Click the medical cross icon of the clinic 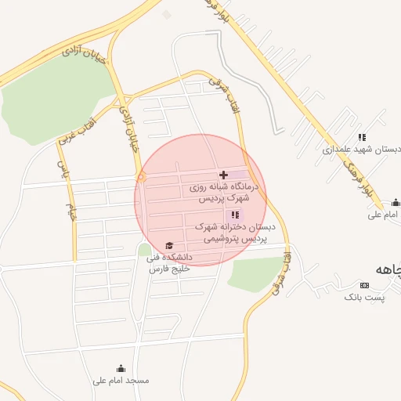click(x=224, y=174)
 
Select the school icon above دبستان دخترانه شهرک click(x=234, y=215)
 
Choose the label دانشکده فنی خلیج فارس click(x=171, y=262)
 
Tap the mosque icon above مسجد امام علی click(x=121, y=368)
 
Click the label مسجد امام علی click(x=121, y=381)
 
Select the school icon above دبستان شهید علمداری click(x=361, y=137)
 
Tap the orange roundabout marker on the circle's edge click(x=141, y=177)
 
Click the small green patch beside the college click(x=145, y=251)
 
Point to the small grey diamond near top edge click(x=166, y=14)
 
